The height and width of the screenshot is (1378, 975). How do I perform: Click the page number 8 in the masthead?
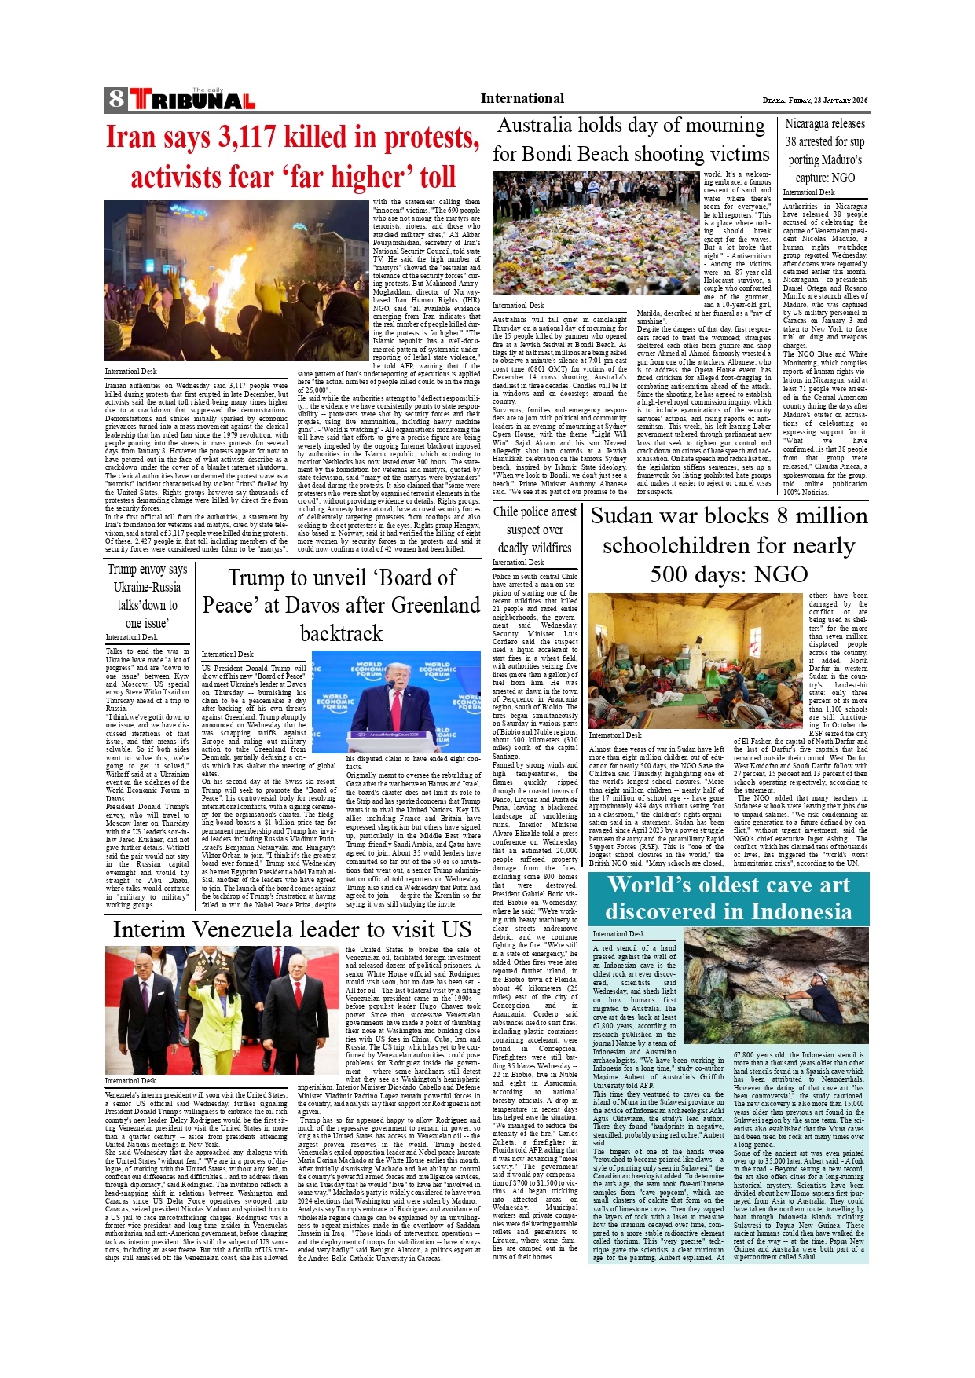point(116,99)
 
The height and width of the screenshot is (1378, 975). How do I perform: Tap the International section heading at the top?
point(522,99)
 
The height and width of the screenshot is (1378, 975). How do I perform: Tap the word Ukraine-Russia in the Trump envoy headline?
point(147,588)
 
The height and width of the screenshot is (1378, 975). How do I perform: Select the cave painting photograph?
point(775,986)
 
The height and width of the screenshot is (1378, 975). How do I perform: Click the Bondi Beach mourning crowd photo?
point(595,234)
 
